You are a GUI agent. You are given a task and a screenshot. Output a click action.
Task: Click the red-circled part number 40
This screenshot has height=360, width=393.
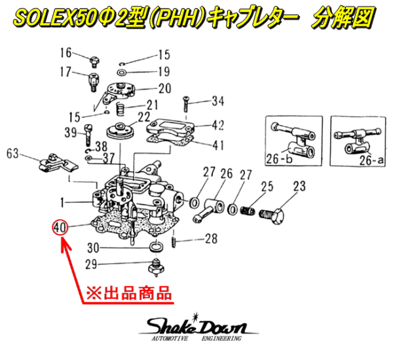coord(60,228)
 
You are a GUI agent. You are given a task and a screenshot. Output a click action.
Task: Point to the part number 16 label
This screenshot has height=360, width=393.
coord(67,52)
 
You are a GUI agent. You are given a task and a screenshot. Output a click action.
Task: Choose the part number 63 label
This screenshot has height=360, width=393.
coord(13,154)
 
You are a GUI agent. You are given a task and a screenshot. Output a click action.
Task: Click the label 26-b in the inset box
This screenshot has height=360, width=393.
coord(280,158)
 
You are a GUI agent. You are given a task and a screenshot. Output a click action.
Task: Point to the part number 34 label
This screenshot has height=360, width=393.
coord(217,101)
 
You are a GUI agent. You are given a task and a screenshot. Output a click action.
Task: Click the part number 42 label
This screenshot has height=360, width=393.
coord(218,124)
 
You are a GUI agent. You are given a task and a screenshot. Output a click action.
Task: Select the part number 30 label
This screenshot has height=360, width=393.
coord(93,248)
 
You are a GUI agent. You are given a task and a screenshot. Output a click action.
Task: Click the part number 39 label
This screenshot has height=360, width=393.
coord(71,133)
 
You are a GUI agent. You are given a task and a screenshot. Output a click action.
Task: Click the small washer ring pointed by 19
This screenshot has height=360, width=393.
coord(123,70)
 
